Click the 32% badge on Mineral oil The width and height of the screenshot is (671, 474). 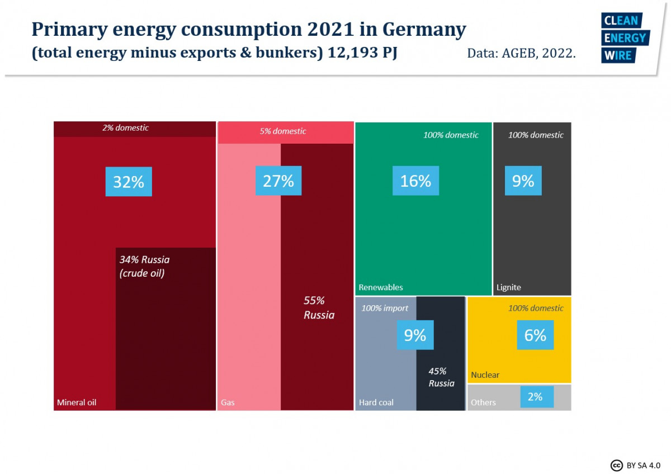(129, 181)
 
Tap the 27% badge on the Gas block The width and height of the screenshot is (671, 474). (278, 181)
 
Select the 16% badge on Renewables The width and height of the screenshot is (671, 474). (415, 181)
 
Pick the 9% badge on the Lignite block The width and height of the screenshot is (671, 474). (523, 181)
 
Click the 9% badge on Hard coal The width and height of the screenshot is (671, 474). (415, 335)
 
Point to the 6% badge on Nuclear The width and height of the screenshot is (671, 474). (535, 335)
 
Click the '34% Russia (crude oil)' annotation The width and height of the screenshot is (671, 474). (144, 267)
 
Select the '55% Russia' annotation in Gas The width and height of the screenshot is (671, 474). (319, 307)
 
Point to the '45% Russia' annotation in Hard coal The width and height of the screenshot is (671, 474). (441, 377)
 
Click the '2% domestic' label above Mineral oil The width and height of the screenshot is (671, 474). (125, 128)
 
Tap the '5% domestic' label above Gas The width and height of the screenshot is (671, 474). (283, 131)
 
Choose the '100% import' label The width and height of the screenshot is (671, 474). (385, 308)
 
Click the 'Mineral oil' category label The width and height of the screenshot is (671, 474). (77, 402)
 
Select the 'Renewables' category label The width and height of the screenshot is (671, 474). (380, 287)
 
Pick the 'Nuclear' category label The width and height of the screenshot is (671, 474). (485, 375)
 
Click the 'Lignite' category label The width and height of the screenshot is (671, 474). (508, 287)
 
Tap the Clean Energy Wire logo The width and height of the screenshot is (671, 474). (624, 38)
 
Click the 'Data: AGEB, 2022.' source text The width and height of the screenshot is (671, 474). (521, 54)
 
